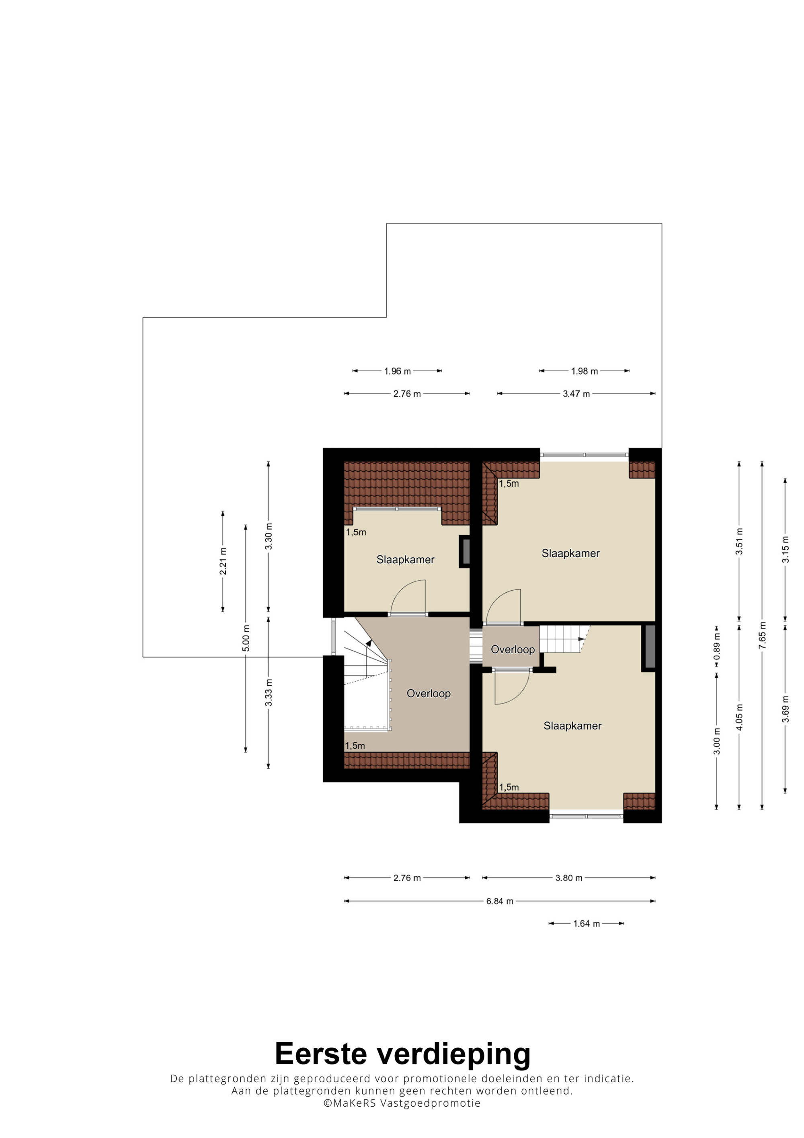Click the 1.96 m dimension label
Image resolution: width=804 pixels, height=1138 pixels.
tap(397, 371)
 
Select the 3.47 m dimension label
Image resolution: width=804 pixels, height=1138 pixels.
tap(576, 394)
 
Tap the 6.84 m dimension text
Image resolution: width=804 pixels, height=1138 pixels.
tap(499, 901)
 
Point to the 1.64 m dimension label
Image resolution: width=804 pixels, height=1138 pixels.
tap(587, 923)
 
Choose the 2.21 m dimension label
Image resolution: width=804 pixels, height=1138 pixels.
tap(224, 562)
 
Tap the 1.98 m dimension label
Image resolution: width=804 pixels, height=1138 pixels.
tap(585, 371)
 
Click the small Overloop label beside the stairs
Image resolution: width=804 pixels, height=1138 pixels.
tap(513, 649)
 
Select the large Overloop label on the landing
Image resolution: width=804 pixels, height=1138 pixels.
tap(429, 693)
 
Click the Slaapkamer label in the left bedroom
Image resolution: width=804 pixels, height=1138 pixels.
tap(405, 560)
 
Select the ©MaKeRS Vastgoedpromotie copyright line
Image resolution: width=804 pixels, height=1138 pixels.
tap(402, 1103)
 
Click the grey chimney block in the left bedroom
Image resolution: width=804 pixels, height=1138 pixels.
tap(466, 552)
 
